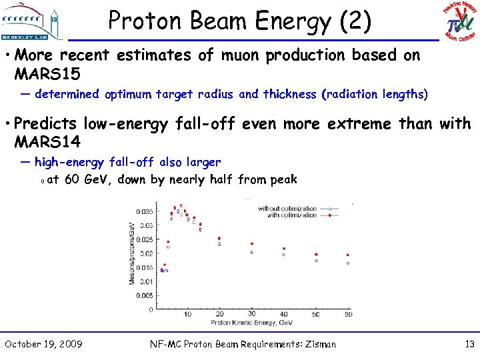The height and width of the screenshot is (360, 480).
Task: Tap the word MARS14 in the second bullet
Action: pos(47,141)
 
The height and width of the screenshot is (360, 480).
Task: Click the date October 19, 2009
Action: pos(43,344)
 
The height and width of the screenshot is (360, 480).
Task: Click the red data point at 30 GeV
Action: pos(252,244)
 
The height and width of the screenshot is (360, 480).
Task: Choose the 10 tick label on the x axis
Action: pos(187,315)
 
